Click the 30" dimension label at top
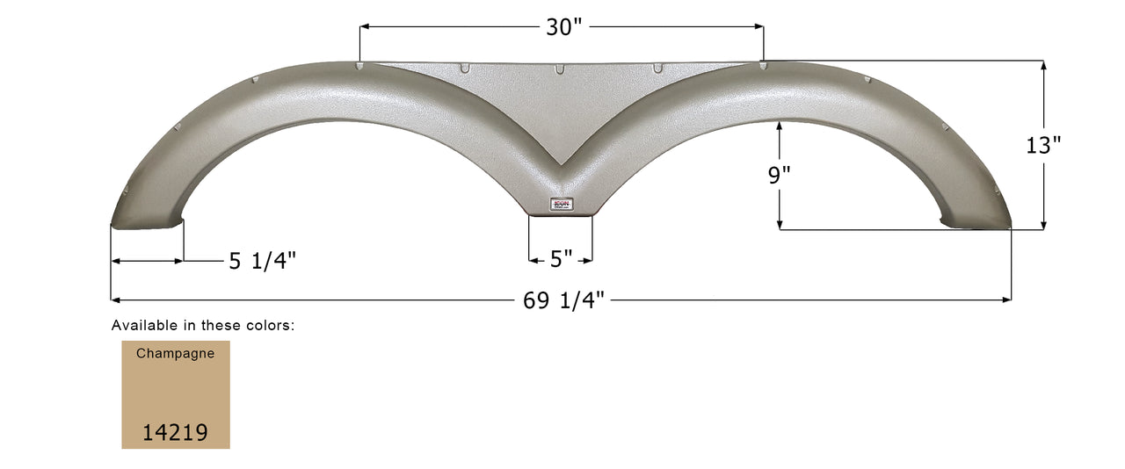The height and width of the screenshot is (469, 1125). click(x=563, y=27)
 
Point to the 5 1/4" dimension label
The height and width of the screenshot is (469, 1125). click(x=263, y=261)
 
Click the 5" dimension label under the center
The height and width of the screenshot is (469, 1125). click(x=561, y=260)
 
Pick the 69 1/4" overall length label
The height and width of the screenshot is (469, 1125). click(x=563, y=300)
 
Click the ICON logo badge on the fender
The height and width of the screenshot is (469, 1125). click(x=561, y=204)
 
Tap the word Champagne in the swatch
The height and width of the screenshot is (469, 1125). click(x=175, y=353)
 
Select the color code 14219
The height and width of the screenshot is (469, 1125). click(x=175, y=431)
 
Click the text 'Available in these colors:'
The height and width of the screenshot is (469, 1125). click(x=202, y=325)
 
